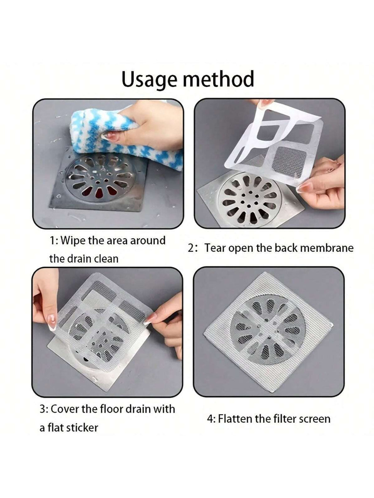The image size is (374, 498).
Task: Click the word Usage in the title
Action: [149, 80]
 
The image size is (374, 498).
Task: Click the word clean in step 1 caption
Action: [105, 259]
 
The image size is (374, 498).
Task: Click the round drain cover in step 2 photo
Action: [249, 199]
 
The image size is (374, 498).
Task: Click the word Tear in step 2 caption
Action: [216, 248]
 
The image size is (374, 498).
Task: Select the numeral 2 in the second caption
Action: [191, 248]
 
